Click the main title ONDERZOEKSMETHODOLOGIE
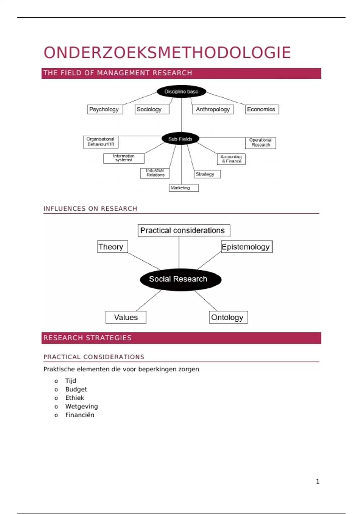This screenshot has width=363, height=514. point(167,53)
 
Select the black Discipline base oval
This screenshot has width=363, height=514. point(181,91)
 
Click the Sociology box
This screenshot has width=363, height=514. point(152,109)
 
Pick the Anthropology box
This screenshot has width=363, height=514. point(213,109)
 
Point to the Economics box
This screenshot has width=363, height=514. point(262,109)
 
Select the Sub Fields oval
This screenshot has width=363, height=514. point(180,139)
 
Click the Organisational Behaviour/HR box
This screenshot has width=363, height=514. point(101,142)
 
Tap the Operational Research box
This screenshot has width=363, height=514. point(260,143)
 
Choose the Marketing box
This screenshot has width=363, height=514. point(183,188)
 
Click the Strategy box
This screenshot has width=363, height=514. point(207,174)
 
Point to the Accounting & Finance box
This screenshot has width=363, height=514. point(231,159)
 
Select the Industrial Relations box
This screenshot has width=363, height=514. point(155,173)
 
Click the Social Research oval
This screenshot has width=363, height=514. point(180,279)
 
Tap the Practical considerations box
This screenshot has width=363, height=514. point(184,230)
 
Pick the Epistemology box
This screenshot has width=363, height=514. point(247,247)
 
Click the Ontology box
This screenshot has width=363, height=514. point(228,317)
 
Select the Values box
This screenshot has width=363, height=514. point(126,317)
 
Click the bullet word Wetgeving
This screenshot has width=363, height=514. point(81,406)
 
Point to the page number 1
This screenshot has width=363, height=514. point(318,481)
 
